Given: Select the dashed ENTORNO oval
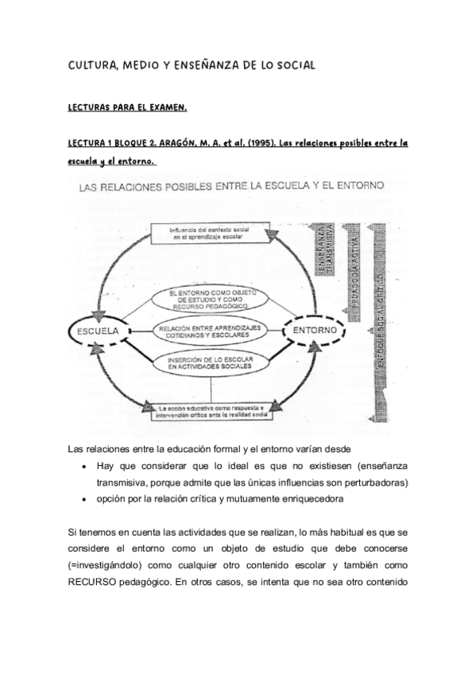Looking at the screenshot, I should pyautogui.click(x=315, y=328).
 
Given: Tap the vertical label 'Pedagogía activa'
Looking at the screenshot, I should pyautogui.click(x=355, y=270).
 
